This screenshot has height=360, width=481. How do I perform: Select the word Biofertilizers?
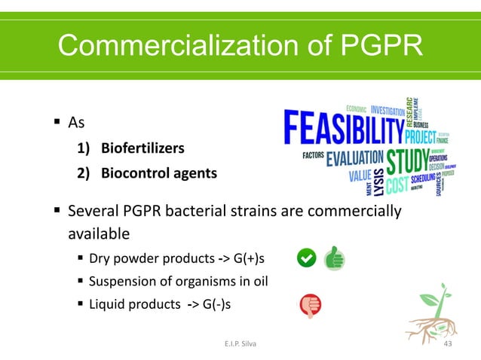pos(142,148)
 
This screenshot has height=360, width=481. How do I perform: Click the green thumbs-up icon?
pos(334,259)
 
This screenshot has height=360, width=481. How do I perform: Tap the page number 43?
pos(449,344)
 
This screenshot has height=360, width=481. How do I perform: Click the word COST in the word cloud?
pos(402,183)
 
